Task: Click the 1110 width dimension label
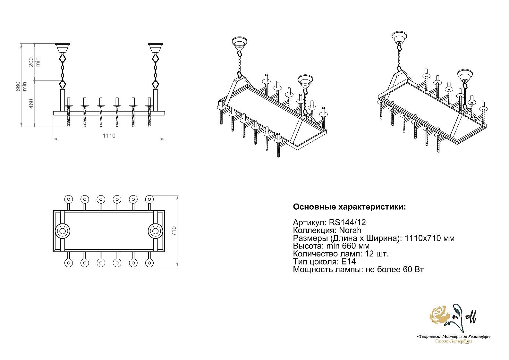(109, 136)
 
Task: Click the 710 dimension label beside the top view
(174, 231)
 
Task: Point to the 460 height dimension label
(31, 104)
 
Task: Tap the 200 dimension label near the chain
(31, 62)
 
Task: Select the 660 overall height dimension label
(18, 86)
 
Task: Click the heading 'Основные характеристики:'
(349, 207)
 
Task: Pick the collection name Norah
(350, 230)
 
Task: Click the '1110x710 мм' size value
(430, 238)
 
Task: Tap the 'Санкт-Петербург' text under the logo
(454, 342)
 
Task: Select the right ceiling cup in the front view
(156, 48)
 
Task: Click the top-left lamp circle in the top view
(68, 199)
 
